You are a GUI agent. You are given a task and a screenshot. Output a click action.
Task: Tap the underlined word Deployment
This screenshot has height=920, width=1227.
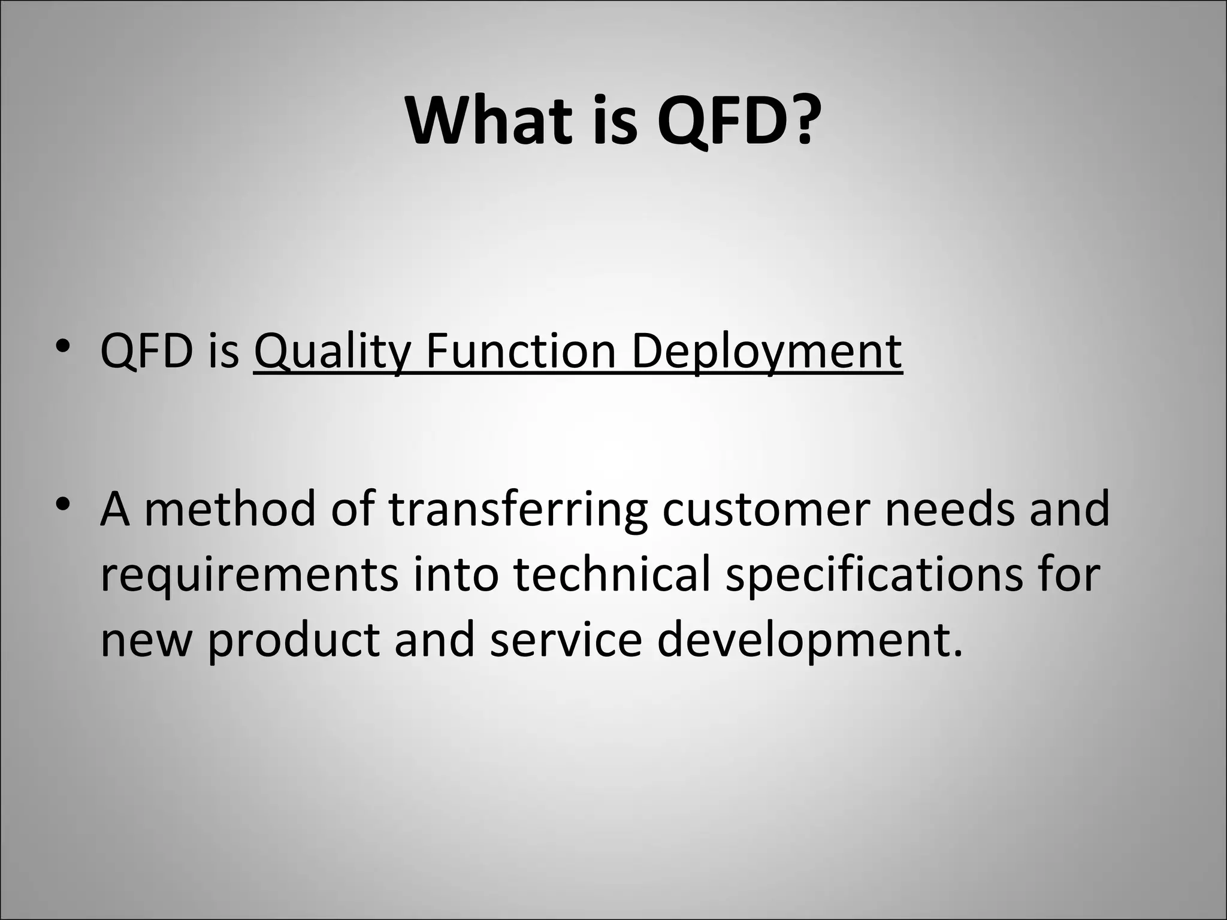pos(766,352)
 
